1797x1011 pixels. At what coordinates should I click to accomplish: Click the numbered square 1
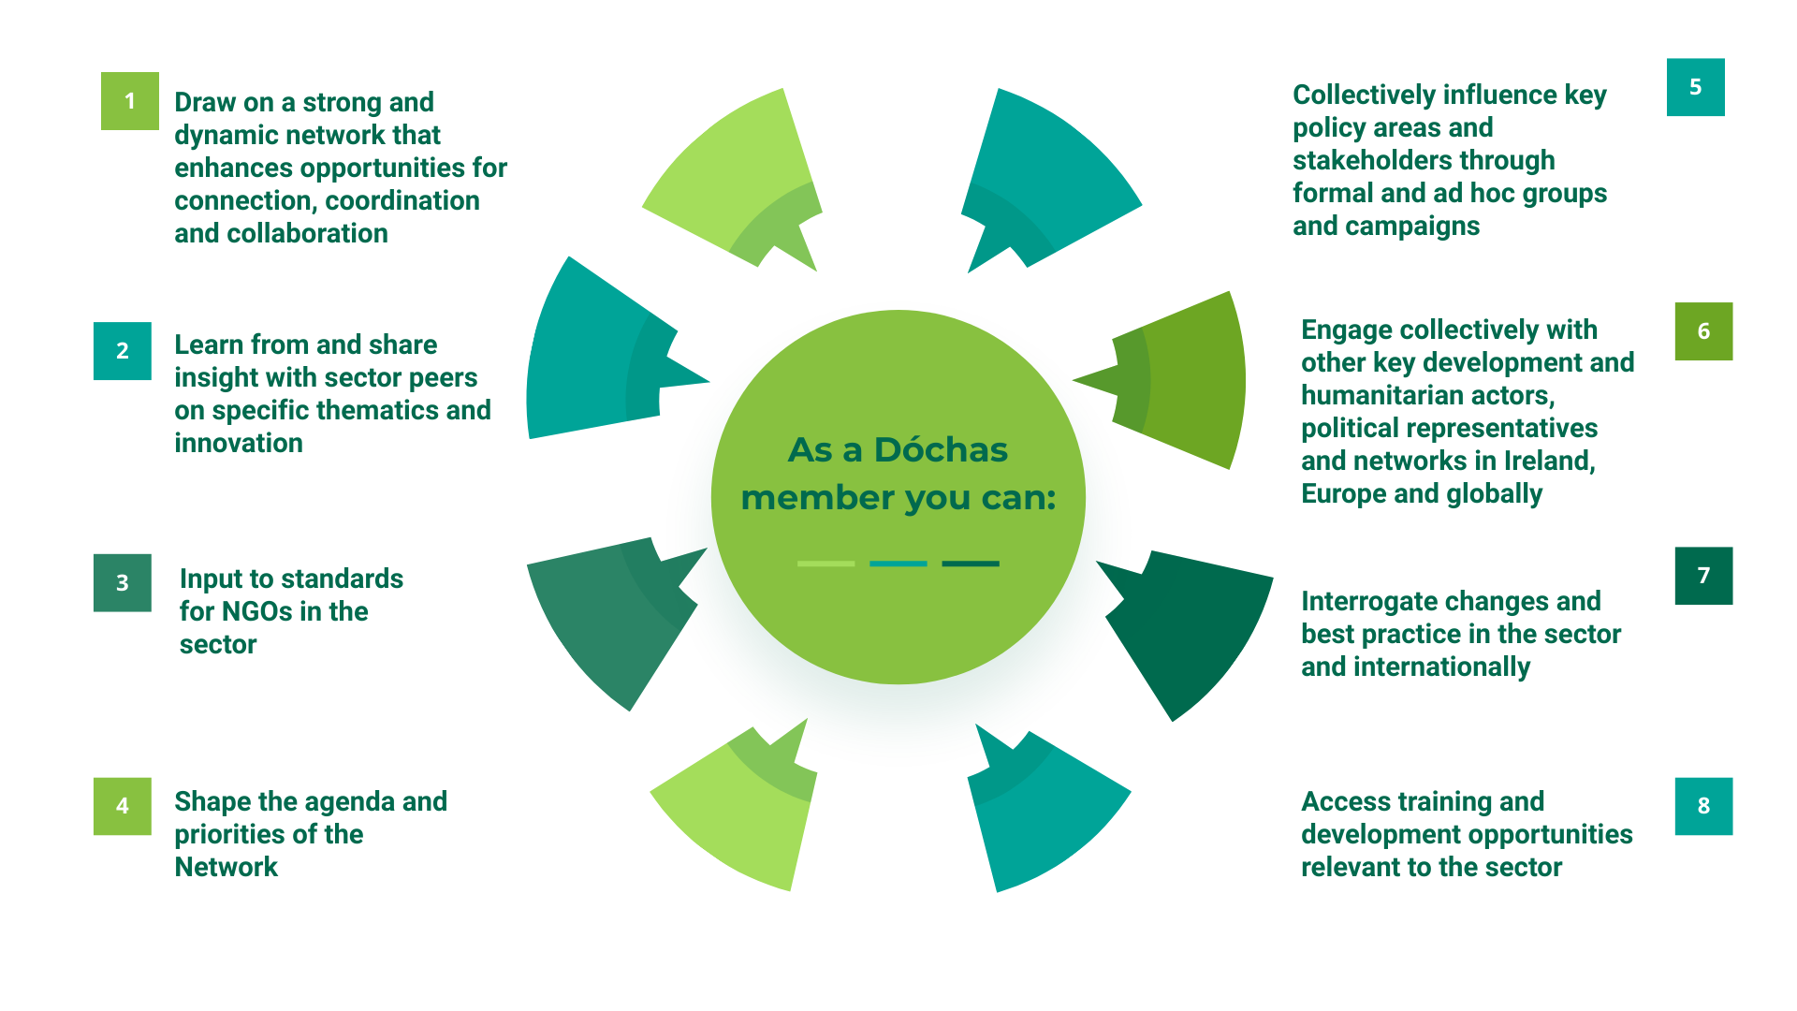coord(130,101)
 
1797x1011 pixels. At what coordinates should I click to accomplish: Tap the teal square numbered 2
coord(123,351)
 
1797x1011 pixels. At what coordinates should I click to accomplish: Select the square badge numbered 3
coord(123,583)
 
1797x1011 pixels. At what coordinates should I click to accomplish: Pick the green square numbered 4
coord(123,806)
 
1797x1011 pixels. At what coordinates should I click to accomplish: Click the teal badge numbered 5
coord(1695,87)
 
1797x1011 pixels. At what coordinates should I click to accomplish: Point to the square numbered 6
coord(1703,331)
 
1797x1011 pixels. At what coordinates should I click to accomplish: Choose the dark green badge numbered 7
coord(1703,576)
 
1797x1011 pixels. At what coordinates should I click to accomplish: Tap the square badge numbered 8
coord(1703,806)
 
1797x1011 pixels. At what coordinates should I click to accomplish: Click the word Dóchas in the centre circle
coord(941,450)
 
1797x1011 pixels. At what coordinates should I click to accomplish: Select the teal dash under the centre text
coord(898,564)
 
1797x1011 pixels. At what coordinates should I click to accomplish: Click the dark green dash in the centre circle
coord(971,564)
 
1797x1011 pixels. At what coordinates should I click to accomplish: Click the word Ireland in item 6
coord(1548,461)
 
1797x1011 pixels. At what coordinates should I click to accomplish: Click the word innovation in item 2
coord(239,443)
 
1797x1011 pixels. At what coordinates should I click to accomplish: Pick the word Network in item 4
coord(226,867)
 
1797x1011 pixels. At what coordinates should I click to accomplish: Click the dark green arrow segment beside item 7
coord(1189,627)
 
